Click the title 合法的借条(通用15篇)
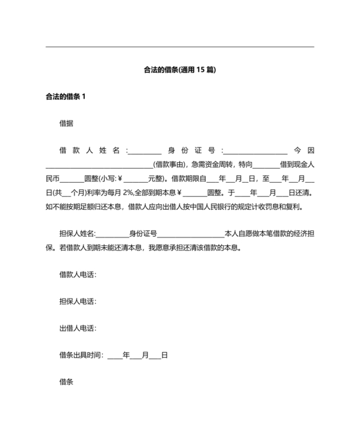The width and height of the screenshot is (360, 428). click(x=180, y=70)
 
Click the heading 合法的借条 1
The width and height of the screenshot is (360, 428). click(x=66, y=97)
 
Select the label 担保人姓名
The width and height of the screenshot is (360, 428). click(x=76, y=234)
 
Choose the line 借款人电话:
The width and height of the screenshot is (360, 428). click(x=78, y=275)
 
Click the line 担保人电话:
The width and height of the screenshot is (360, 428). click(x=78, y=301)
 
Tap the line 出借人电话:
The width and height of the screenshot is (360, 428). click(x=78, y=328)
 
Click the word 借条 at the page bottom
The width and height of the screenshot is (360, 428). click(x=66, y=382)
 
